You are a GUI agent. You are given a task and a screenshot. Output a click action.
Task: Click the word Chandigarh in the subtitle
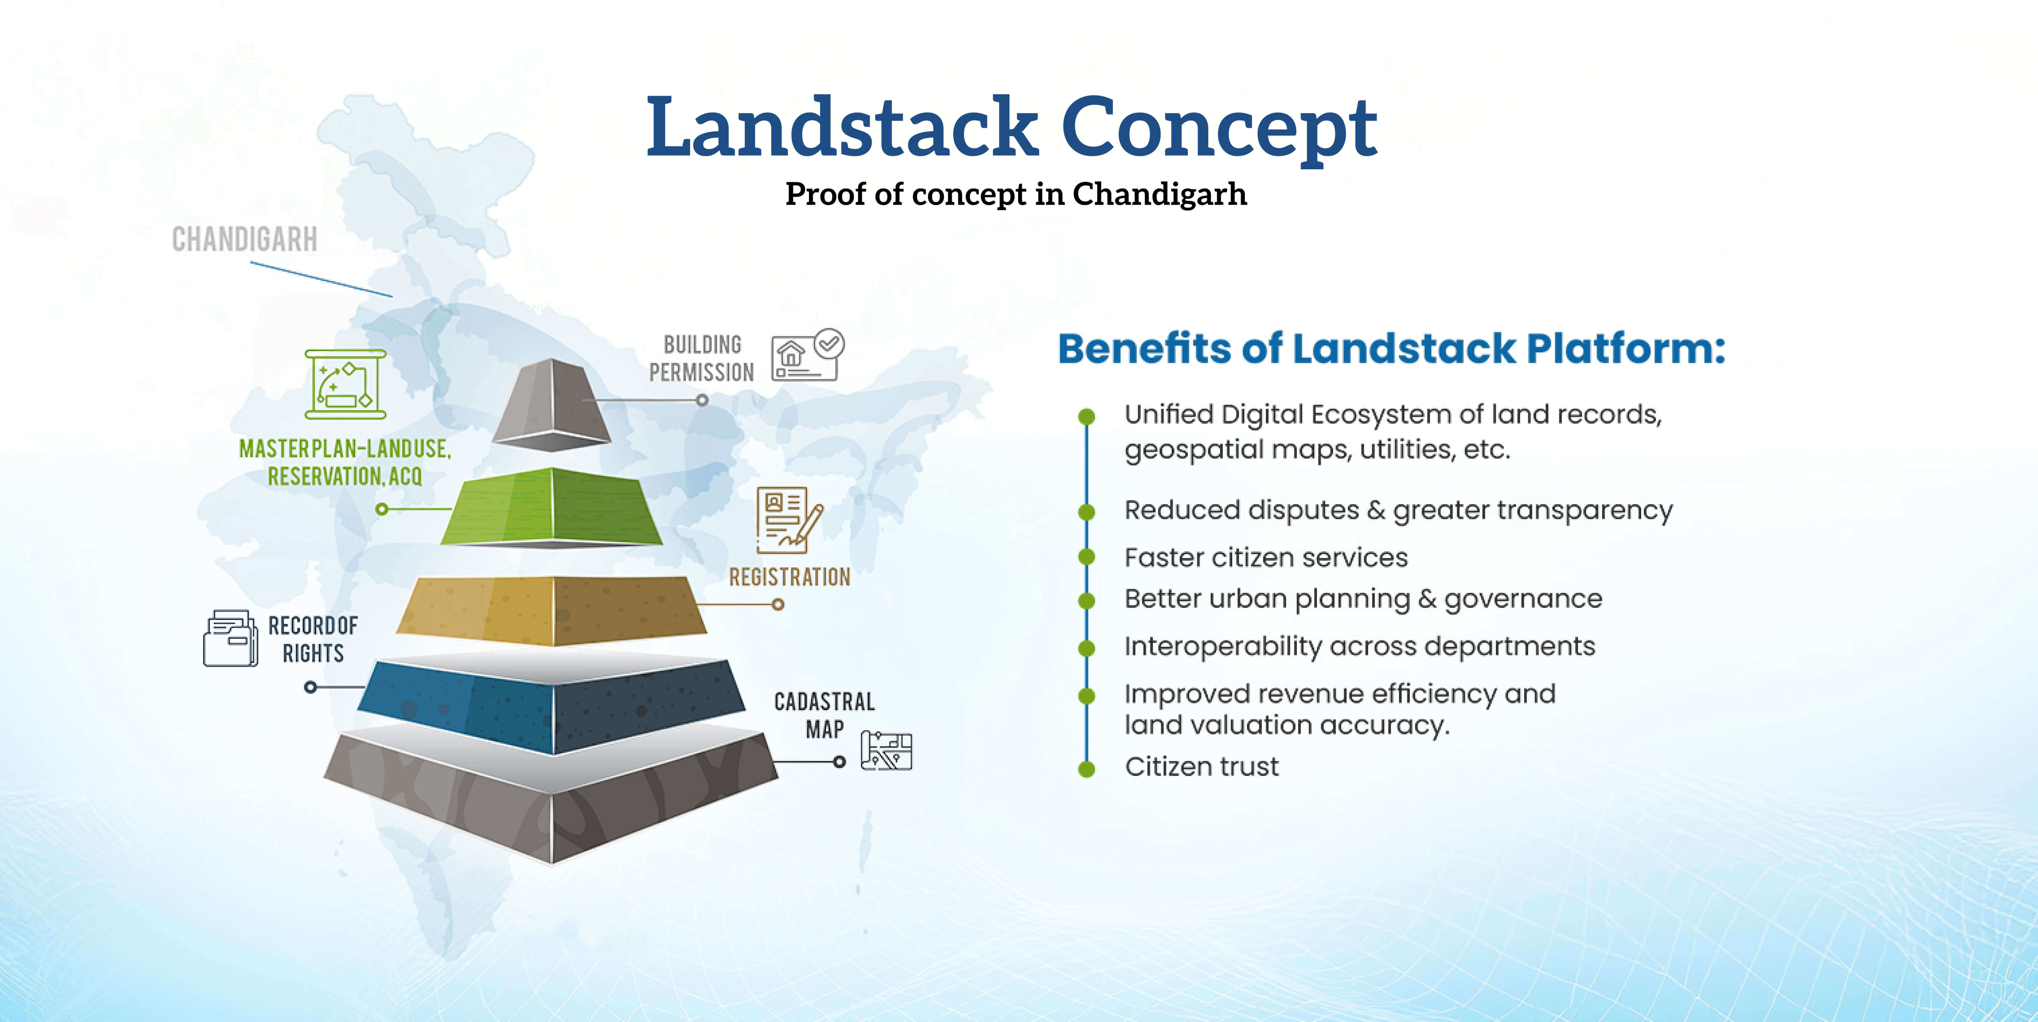1160,194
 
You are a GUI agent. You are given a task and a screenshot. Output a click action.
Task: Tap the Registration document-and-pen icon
789,520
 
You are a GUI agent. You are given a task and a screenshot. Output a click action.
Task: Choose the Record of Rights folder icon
230,638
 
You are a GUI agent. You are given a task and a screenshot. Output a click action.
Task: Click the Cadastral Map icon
886,751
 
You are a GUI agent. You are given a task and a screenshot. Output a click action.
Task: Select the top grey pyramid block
552,403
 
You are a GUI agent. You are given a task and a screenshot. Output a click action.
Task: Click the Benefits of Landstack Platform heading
1392,349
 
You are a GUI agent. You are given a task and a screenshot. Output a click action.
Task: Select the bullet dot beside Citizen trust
1087,768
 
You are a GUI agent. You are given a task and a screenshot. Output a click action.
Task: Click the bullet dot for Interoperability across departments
1087,648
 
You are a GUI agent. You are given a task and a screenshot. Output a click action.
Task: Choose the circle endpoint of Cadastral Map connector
839,762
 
